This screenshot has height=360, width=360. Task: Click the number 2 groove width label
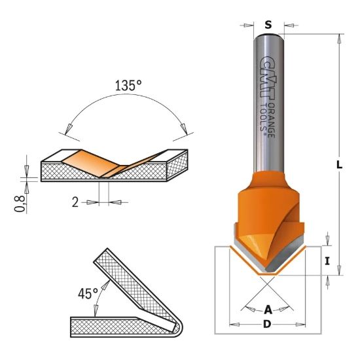[x=75, y=203]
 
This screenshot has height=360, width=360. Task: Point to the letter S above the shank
[x=268, y=25]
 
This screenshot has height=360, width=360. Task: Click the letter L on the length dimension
[x=339, y=166]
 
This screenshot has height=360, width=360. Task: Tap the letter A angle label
[x=267, y=310]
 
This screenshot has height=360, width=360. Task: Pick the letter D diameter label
[x=267, y=325]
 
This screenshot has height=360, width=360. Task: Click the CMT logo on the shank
[x=264, y=73]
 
